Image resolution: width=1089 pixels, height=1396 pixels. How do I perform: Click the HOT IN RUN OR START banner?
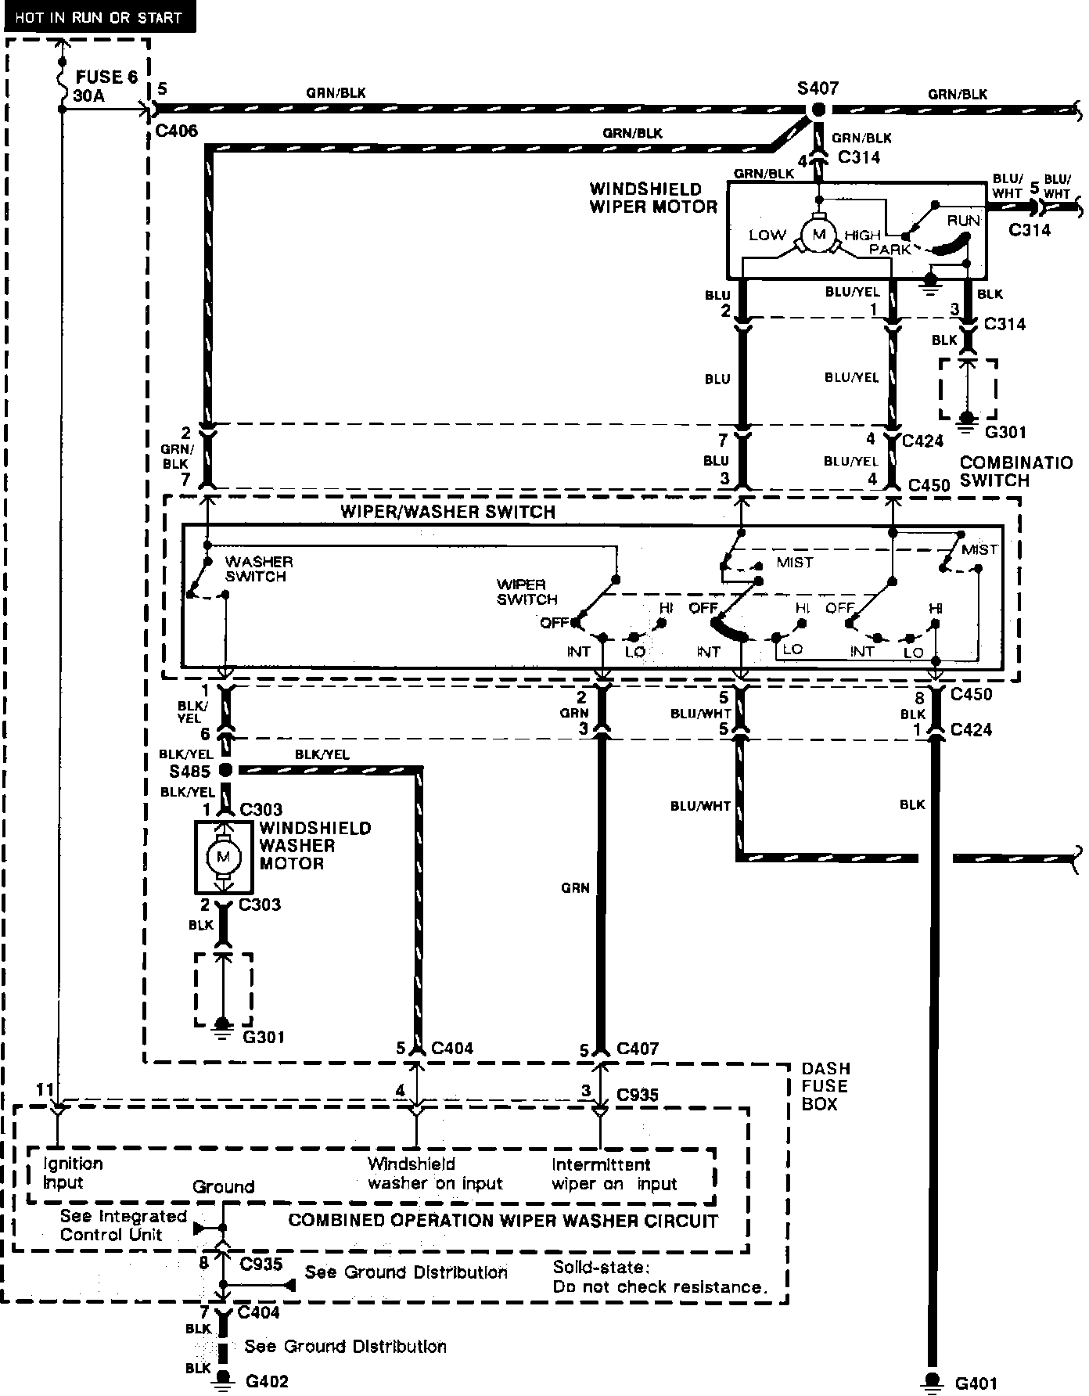click(x=99, y=17)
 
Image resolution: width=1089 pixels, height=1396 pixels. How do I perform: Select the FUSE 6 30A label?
click(x=106, y=86)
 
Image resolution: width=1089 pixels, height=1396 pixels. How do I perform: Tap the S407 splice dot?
click(x=818, y=110)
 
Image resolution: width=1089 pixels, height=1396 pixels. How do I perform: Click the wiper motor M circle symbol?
click(x=819, y=235)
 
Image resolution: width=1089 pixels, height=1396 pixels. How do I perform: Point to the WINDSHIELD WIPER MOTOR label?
click(x=653, y=198)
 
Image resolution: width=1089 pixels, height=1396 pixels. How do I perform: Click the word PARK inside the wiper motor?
click(x=890, y=250)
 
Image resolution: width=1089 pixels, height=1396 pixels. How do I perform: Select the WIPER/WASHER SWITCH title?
click(x=447, y=513)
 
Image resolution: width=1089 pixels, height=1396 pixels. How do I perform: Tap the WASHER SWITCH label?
click(x=258, y=569)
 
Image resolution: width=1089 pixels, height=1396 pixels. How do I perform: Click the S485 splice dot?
click(x=225, y=771)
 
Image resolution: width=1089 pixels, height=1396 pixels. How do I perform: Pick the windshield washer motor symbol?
click(x=224, y=857)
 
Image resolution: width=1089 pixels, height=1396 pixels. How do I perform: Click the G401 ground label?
click(x=976, y=1383)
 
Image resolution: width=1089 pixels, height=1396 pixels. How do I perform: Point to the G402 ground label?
click(x=267, y=1381)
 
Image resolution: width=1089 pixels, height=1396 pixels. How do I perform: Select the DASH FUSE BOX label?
click(x=825, y=1086)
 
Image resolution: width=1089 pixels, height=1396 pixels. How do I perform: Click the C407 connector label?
click(x=638, y=1049)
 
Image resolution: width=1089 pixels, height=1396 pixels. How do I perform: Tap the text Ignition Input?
click(x=73, y=1173)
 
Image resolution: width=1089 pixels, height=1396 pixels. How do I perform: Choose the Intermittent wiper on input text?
click(x=614, y=1174)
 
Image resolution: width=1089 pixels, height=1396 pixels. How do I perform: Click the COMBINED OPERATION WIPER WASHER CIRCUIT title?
click(x=503, y=1221)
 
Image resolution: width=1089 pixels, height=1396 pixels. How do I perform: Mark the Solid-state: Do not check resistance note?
click(x=658, y=1277)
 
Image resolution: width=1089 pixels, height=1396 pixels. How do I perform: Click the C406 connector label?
click(x=176, y=131)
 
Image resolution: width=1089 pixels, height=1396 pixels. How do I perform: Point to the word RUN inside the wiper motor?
click(x=963, y=221)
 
